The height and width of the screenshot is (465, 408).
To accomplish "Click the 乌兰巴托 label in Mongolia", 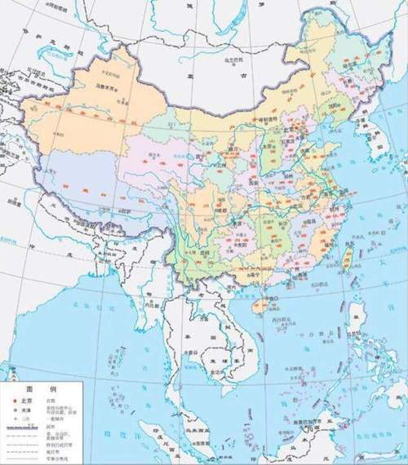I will (235, 60).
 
